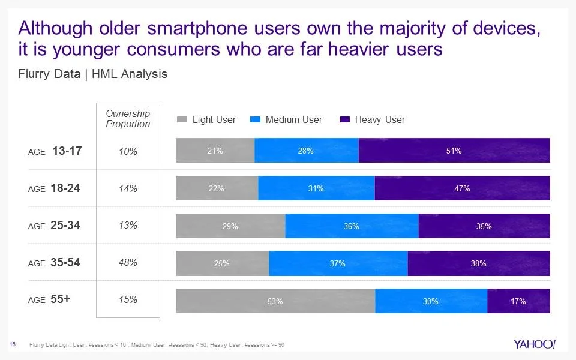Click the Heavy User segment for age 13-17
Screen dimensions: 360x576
[454, 151]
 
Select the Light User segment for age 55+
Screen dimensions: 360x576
[275, 301]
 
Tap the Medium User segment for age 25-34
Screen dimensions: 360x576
[352, 226]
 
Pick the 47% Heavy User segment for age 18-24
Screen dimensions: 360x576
[462, 188]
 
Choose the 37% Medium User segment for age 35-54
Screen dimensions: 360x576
[338, 263]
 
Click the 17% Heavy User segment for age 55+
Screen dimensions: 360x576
[518, 301]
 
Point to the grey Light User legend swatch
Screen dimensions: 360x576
[182, 120]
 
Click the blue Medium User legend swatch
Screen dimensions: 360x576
[256, 120]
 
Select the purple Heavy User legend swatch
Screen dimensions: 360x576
[345, 120]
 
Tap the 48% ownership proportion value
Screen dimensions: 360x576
[128, 263]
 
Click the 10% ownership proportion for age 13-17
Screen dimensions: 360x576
[128, 151]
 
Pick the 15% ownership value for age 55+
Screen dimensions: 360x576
[128, 300]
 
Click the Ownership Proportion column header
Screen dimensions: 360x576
[128, 118]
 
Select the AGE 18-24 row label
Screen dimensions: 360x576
[55, 188]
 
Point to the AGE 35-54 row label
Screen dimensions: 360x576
[55, 263]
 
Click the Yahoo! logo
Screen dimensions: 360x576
[535, 344]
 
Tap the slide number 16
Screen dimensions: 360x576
[12, 344]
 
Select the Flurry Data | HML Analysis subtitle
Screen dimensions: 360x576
[93, 74]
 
